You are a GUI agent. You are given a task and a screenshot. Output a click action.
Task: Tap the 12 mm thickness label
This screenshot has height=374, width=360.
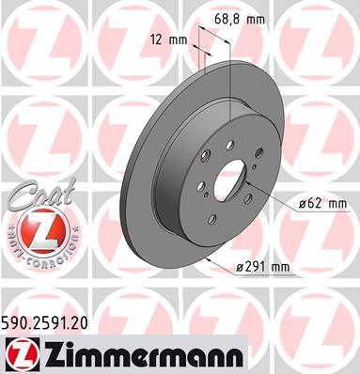(169, 39)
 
